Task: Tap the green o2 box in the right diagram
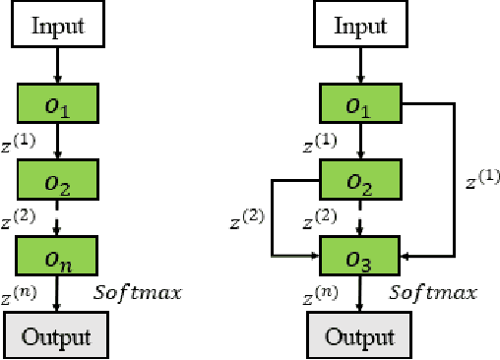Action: point(361,182)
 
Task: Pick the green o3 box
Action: point(361,259)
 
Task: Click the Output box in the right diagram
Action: point(361,336)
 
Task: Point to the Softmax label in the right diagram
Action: point(434,292)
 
